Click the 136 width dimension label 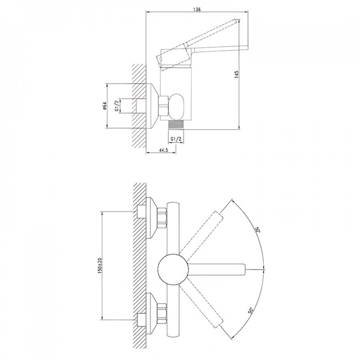click(197, 10)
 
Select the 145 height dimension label click(237, 74)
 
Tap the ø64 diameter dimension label click(105, 106)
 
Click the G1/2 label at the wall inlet click(117, 106)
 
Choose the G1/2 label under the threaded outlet click(176, 139)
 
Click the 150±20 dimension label click(100, 266)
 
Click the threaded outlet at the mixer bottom click(176, 125)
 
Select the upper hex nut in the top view click(162, 218)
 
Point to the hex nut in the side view click(164, 105)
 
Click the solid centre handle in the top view click(217, 269)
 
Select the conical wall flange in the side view click(152, 106)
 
